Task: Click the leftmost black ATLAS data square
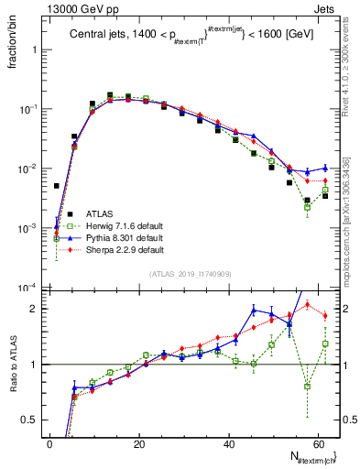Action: (x=56, y=186)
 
